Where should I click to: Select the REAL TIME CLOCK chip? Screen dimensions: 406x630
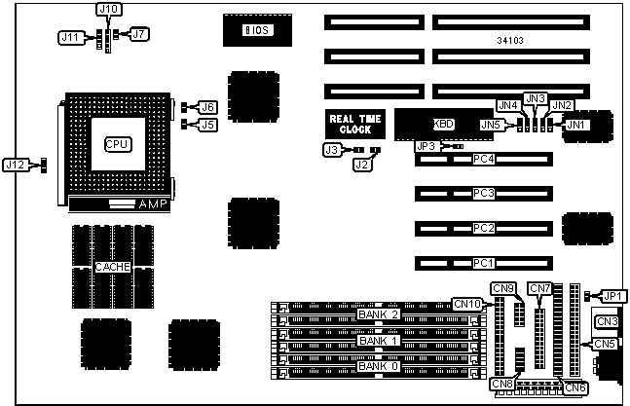coord(355,123)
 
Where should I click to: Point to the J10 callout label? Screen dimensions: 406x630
coord(109,9)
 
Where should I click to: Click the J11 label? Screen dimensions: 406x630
coord(70,37)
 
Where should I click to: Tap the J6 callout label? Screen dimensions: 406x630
coord(207,107)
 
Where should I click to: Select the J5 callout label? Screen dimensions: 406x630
coord(207,124)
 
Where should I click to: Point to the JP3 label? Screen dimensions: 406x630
coord(426,146)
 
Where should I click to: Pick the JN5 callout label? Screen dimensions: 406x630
coord(494,125)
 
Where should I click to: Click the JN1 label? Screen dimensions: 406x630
coord(576,125)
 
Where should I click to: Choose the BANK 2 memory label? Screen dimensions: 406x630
coord(379,314)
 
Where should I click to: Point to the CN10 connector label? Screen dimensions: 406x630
coord(467,304)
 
